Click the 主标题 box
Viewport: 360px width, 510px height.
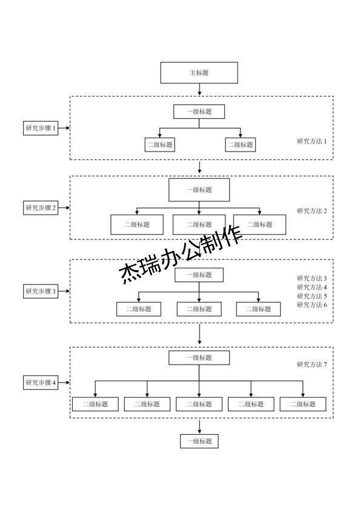pos(199,73)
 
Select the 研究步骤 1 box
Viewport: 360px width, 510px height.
pos(41,128)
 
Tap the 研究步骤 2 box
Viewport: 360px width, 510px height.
pos(41,208)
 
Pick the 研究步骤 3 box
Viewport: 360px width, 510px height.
pos(41,291)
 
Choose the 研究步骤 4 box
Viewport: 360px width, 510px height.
pos(41,383)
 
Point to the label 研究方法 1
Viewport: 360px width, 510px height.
pos(312,141)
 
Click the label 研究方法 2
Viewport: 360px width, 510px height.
pos(312,211)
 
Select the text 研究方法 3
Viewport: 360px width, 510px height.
pos(312,278)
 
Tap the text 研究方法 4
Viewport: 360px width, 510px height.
pos(312,287)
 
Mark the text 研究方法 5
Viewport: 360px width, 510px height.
pos(312,296)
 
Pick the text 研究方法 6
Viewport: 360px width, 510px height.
pos(312,305)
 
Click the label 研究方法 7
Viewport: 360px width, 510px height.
pos(312,364)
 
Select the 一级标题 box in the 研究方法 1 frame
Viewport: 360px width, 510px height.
pos(199,112)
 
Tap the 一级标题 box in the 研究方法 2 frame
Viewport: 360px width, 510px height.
pos(199,190)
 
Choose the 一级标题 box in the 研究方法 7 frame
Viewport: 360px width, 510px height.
pos(199,358)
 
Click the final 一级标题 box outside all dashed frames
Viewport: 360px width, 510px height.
pos(199,441)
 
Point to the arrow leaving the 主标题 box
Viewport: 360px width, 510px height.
pos(199,90)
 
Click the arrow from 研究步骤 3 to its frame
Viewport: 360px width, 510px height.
pos(65,291)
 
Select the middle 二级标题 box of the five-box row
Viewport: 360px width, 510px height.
pos(199,404)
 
